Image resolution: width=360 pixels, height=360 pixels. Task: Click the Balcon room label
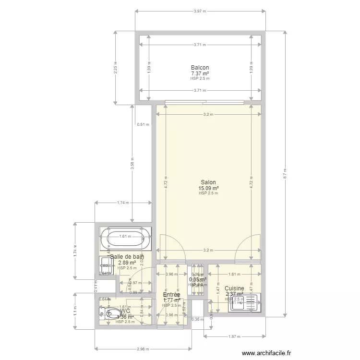coord(200,68)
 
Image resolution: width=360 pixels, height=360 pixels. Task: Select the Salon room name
coord(208,182)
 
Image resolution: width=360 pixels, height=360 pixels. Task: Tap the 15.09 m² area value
coord(208,188)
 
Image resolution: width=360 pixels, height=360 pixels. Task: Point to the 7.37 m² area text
coord(200,73)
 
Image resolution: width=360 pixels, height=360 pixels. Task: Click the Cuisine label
coord(234,288)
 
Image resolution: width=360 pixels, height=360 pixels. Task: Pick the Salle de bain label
coord(127,257)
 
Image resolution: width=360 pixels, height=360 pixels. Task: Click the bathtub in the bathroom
coord(125,239)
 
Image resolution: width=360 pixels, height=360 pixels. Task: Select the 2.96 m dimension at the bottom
coord(143,349)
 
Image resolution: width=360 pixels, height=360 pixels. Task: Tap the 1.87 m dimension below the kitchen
coord(234,336)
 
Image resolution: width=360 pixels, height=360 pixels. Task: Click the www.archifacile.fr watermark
coord(266,353)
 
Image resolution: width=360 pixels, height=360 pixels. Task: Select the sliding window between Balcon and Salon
coord(204,102)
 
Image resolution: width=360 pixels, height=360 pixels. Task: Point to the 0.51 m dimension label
coord(143,124)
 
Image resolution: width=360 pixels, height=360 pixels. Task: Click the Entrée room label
coord(171,295)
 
